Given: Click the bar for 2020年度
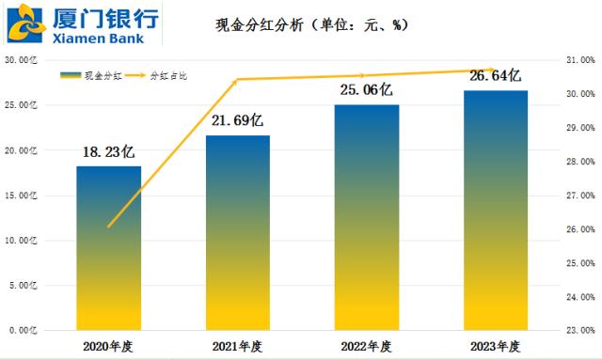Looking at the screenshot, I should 108,248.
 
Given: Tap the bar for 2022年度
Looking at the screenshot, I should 367,217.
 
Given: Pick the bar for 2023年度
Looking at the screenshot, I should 495,211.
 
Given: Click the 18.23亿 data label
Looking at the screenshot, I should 109,151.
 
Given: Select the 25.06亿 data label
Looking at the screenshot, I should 367,90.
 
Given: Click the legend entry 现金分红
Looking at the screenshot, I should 88,73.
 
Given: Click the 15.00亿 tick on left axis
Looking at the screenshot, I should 22,196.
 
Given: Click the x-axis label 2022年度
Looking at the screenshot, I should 367,347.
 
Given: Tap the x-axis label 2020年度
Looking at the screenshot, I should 108,347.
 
